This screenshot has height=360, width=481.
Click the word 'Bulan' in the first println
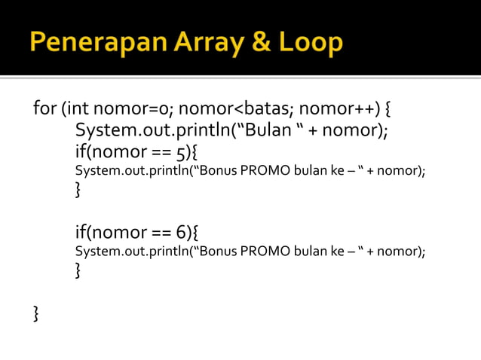(x=268, y=130)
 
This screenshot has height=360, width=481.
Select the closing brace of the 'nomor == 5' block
(x=78, y=189)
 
